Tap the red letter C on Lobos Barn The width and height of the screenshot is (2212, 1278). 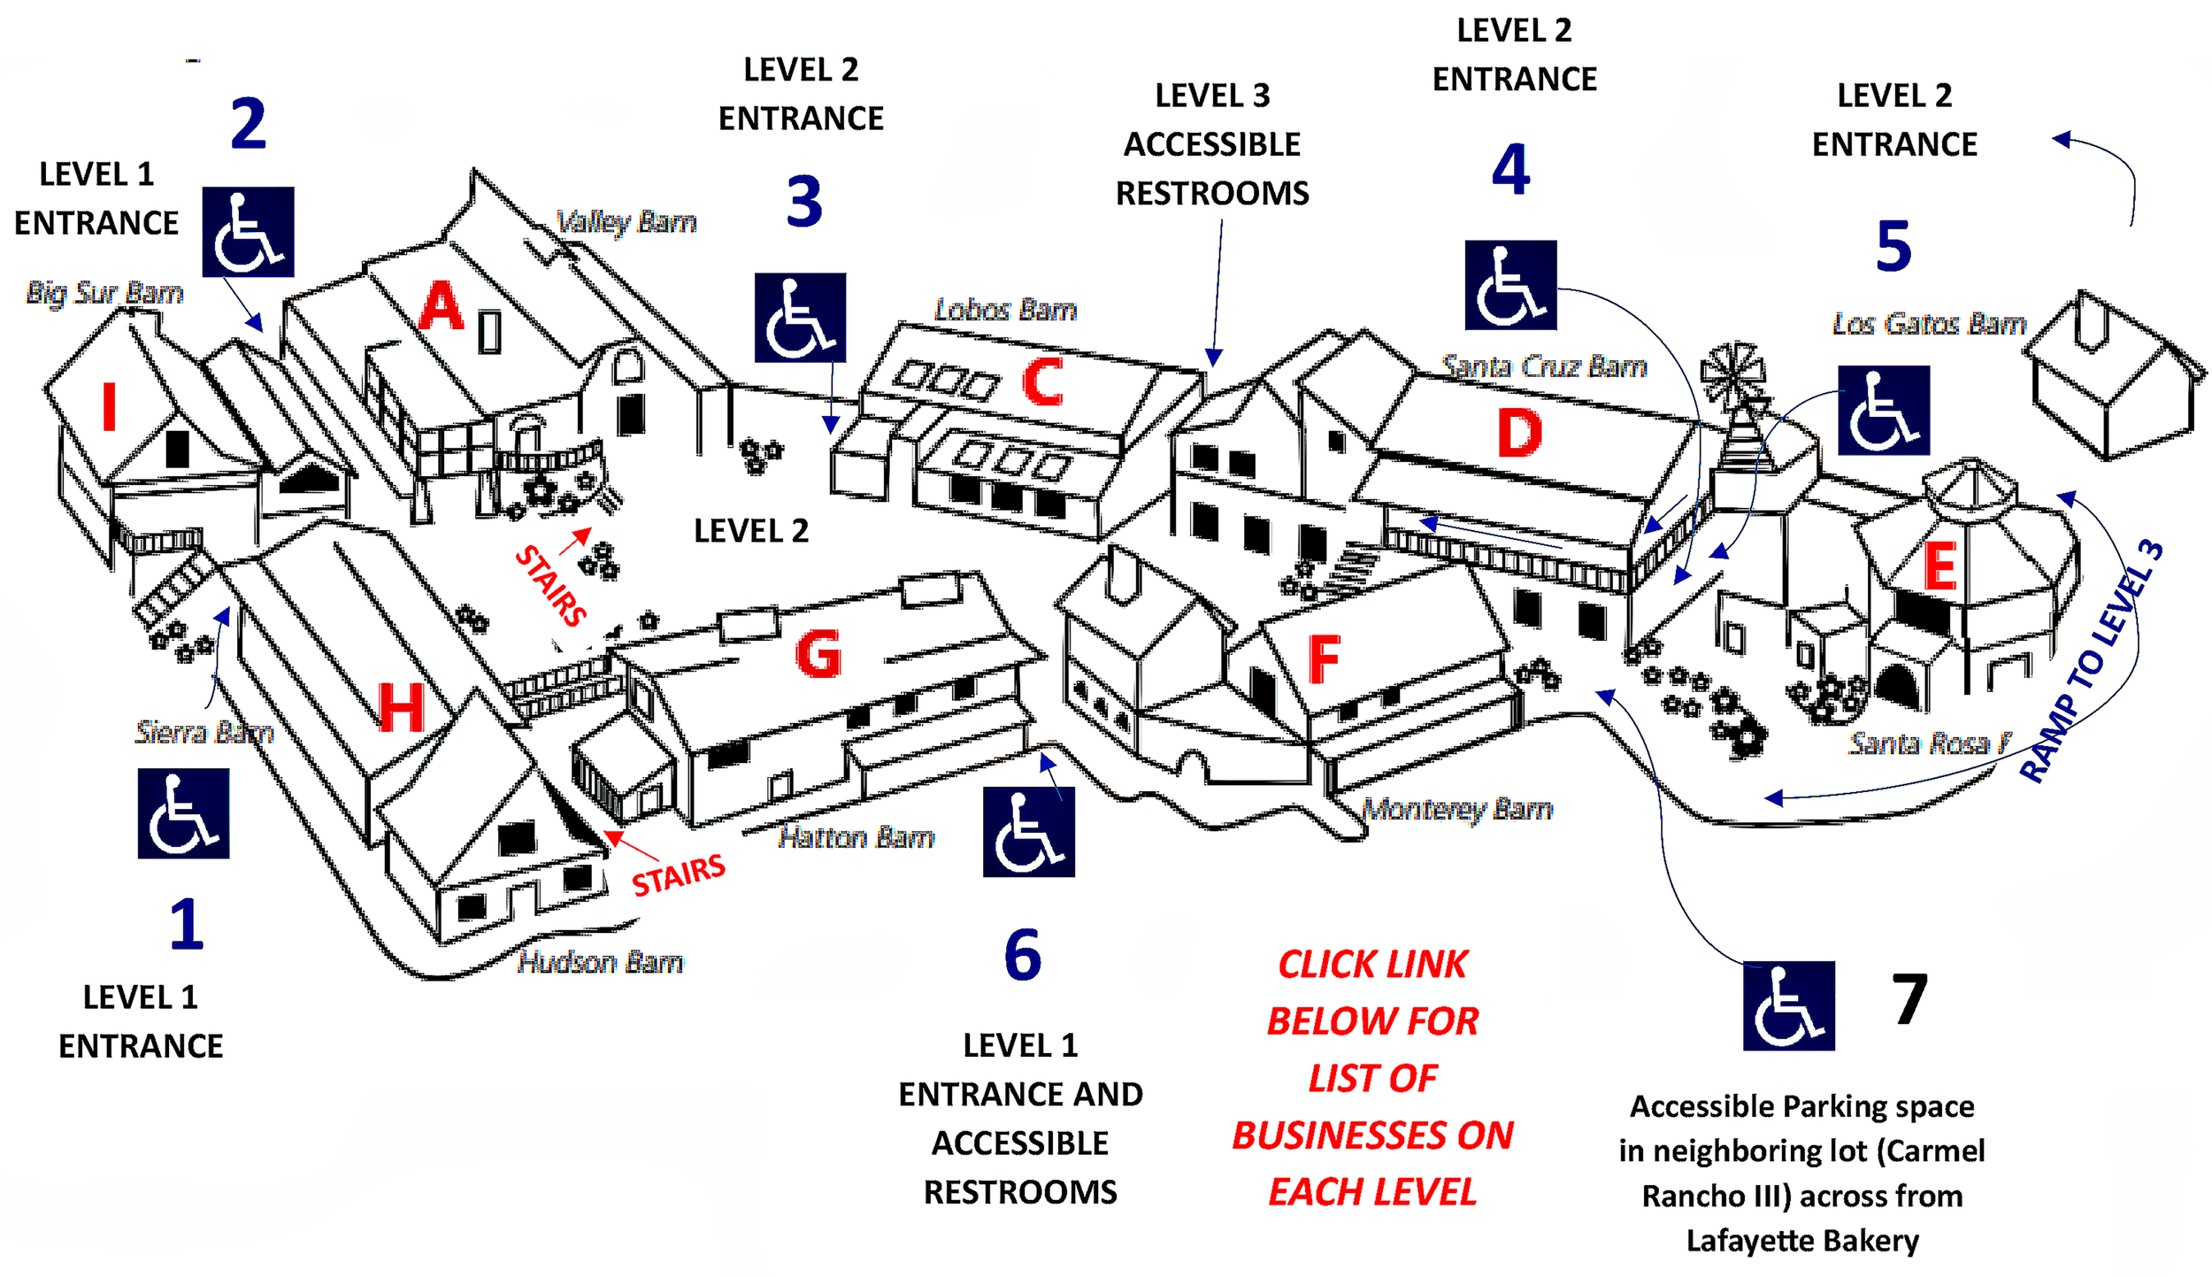[1042, 382]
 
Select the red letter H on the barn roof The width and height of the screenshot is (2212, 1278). [401, 708]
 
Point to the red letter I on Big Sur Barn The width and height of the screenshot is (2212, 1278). [109, 406]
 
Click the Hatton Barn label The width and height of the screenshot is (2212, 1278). [856, 837]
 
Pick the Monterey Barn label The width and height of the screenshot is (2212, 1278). [1456, 809]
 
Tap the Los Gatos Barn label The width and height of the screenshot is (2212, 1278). [1929, 324]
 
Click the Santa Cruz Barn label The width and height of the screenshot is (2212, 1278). [1544, 366]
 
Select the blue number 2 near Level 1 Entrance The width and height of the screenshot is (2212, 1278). [248, 123]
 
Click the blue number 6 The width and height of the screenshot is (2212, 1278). [1023, 955]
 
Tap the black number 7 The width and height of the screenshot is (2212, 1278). [1909, 999]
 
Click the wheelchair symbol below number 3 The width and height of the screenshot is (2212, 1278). [800, 318]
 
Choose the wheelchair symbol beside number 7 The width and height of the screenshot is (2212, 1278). [1788, 1005]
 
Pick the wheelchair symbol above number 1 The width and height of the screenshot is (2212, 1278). [183, 813]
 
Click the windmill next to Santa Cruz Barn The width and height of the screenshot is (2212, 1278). [1732, 376]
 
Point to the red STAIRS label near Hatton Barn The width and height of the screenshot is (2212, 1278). [678, 874]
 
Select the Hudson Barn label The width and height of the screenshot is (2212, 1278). [600, 962]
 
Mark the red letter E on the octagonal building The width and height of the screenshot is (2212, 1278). [1939, 566]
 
